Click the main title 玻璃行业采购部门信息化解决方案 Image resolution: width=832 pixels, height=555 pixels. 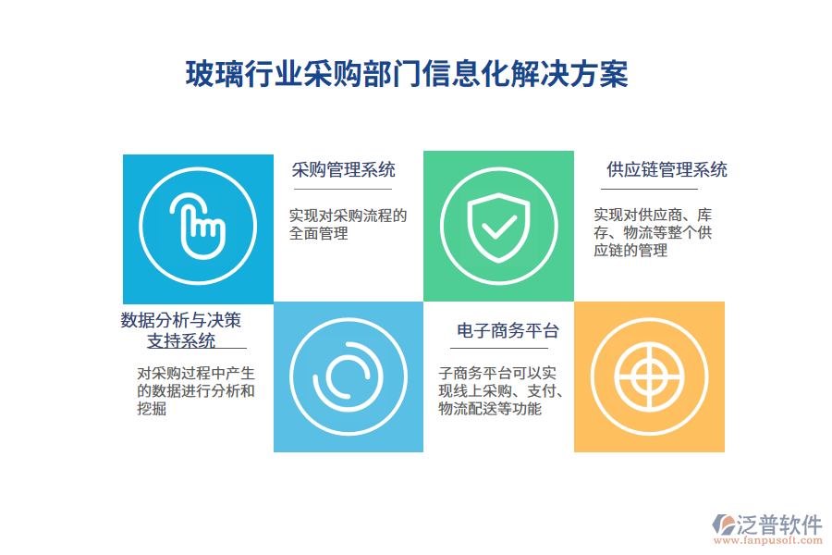(407, 74)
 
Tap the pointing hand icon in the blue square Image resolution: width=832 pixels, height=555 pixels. (198, 228)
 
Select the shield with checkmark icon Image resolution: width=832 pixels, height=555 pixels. (498, 228)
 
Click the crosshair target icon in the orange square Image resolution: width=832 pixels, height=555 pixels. (649, 376)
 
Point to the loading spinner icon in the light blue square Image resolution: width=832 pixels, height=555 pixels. (348, 376)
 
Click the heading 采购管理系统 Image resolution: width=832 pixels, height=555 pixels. (343, 169)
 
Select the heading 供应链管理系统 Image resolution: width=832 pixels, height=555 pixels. (667, 169)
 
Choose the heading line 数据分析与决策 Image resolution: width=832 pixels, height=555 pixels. (181, 320)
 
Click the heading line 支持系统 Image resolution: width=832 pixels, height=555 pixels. (181, 341)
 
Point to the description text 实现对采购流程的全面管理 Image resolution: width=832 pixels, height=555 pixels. (348, 225)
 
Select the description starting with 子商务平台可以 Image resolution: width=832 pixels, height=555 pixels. (501, 390)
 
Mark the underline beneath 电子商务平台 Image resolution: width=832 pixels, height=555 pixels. (506, 349)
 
